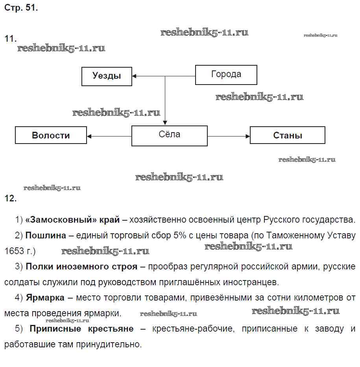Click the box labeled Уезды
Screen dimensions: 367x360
coord(107,76)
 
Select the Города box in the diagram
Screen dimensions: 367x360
coord(226,75)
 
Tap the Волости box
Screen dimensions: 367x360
coord(51,135)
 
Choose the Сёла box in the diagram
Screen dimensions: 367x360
coord(169,136)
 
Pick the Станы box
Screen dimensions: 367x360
coord(288,135)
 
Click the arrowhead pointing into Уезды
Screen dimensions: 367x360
coord(135,76)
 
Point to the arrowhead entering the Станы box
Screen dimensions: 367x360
coord(248,136)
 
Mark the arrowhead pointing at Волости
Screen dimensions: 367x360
coord(89,136)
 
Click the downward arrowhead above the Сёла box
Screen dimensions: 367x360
coord(165,123)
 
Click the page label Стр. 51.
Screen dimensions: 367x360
coord(21,8)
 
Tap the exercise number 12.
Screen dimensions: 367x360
coord(10,199)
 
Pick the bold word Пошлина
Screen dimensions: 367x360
coord(46,236)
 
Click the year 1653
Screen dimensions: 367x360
coord(14,251)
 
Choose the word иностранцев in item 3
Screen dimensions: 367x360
coord(254,282)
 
